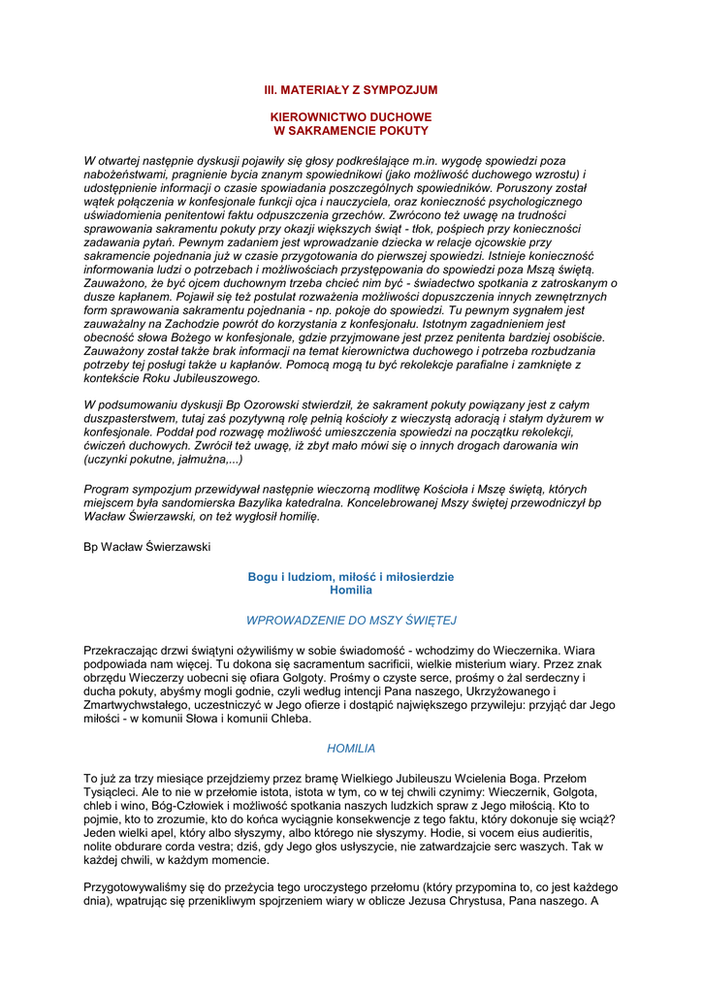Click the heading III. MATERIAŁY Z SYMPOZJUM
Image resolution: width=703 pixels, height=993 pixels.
click(351, 90)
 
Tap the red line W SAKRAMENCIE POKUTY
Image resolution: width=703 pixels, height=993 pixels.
click(351, 130)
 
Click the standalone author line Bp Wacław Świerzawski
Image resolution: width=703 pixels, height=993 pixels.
click(147, 547)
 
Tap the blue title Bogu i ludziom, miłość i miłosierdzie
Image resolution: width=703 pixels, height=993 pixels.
click(351, 577)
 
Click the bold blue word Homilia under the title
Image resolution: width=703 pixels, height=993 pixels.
click(351, 590)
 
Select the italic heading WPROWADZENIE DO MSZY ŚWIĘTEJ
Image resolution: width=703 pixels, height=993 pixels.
click(351, 619)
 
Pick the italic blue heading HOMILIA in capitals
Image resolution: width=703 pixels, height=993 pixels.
click(351, 749)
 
